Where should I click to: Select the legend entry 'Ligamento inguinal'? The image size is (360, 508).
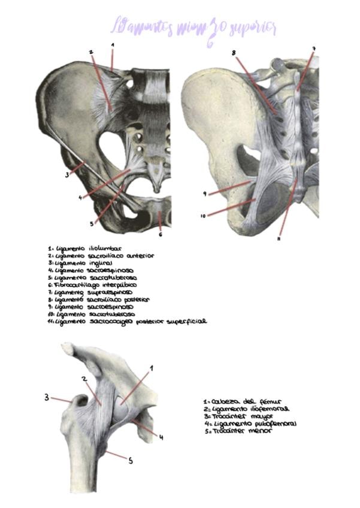click(81, 262)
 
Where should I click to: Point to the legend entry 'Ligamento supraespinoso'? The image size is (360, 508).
click(90, 292)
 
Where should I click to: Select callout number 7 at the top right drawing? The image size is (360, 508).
click(313, 49)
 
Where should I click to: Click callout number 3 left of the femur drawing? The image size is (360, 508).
click(46, 397)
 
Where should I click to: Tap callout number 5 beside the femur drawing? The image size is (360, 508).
click(131, 461)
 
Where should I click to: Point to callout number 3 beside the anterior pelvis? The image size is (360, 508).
click(67, 175)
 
